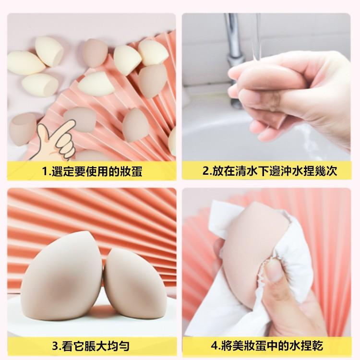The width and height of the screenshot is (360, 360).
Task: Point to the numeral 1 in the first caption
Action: (x=45, y=171)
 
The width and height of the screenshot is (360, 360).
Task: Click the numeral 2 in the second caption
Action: (x=205, y=171)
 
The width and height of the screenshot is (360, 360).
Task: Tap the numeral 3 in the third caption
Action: (x=55, y=346)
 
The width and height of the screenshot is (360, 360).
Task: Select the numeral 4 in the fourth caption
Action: (x=214, y=346)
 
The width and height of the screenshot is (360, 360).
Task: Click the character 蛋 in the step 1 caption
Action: (x=137, y=171)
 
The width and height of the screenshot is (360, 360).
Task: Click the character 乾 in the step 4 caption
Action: (x=317, y=346)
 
